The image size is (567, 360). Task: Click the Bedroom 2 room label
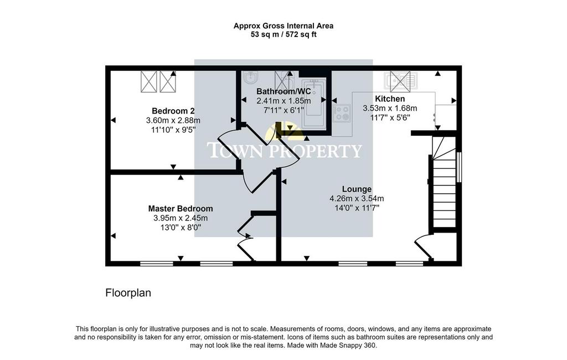176,111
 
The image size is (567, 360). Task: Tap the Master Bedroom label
181,209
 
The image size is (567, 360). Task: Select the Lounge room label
357,189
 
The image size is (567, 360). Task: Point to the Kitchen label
390,99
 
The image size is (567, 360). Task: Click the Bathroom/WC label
283,91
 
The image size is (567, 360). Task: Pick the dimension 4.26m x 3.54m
357,199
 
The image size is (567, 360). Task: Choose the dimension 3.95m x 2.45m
181,218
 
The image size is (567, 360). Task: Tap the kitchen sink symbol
401,81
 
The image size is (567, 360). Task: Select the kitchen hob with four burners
342,113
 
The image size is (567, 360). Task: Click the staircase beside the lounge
444,182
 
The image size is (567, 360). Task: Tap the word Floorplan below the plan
128,292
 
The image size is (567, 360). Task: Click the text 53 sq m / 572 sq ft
283,35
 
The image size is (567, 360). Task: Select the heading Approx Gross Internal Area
283,26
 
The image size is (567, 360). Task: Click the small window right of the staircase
459,167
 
